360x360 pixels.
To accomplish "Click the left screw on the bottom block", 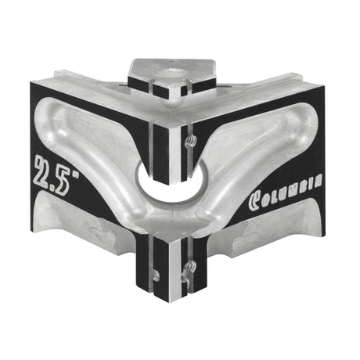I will point(157,274).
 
